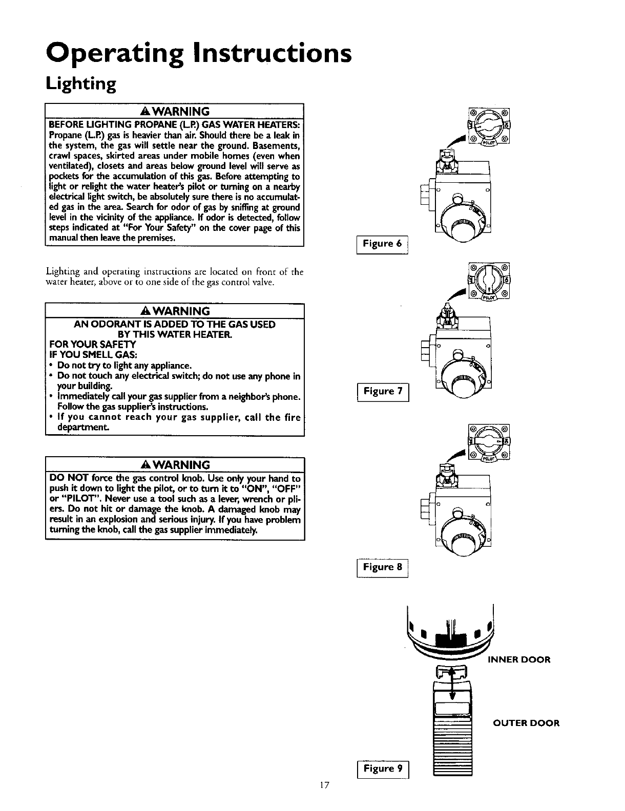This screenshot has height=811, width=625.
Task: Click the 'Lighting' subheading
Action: click(81, 83)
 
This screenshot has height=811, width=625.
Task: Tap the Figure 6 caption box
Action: click(382, 244)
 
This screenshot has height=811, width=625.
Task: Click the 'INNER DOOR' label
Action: click(519, 659)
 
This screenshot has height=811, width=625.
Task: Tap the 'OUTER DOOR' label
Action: click(526, 723)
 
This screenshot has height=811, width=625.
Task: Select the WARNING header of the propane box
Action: click(175, 111)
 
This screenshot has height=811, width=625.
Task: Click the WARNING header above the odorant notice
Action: click(175, 311)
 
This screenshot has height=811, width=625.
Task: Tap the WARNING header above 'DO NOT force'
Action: click(175, 465)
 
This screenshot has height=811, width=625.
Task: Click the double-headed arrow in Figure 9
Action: click(452, 682)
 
